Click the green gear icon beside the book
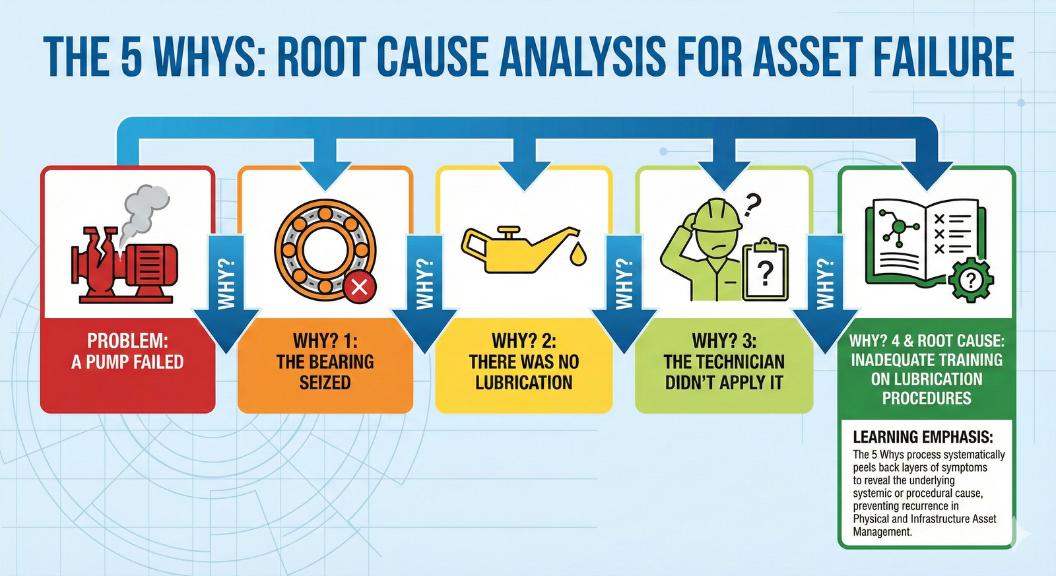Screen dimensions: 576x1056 coord(970,281)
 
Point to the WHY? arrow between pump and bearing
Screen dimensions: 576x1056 coord(226,290)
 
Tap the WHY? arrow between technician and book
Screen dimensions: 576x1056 coord(825,290)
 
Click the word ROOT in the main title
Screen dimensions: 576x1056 coord(321,57)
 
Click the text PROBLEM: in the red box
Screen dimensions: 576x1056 coord(127,341)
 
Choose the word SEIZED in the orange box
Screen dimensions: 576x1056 coord(325,383)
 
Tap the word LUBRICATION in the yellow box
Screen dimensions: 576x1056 coord(524,383)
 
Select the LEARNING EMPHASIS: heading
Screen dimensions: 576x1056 coord(923,437)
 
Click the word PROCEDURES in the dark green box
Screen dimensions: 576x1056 coord(927,399)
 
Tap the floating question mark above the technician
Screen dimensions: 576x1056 coord(752,205)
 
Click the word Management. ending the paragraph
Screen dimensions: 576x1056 coord(882,532)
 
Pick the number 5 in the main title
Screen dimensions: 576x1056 coord(131,57)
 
